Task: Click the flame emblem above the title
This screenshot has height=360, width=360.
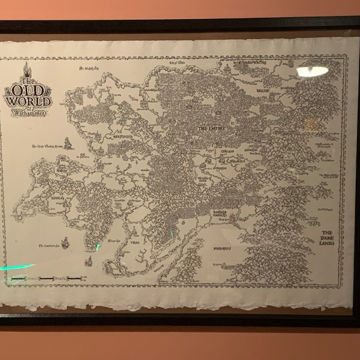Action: [x=26, y=68]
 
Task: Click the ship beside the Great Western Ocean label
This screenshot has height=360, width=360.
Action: [x=68, y=143]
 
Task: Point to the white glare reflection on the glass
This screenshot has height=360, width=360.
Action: [x=312, y=71]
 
